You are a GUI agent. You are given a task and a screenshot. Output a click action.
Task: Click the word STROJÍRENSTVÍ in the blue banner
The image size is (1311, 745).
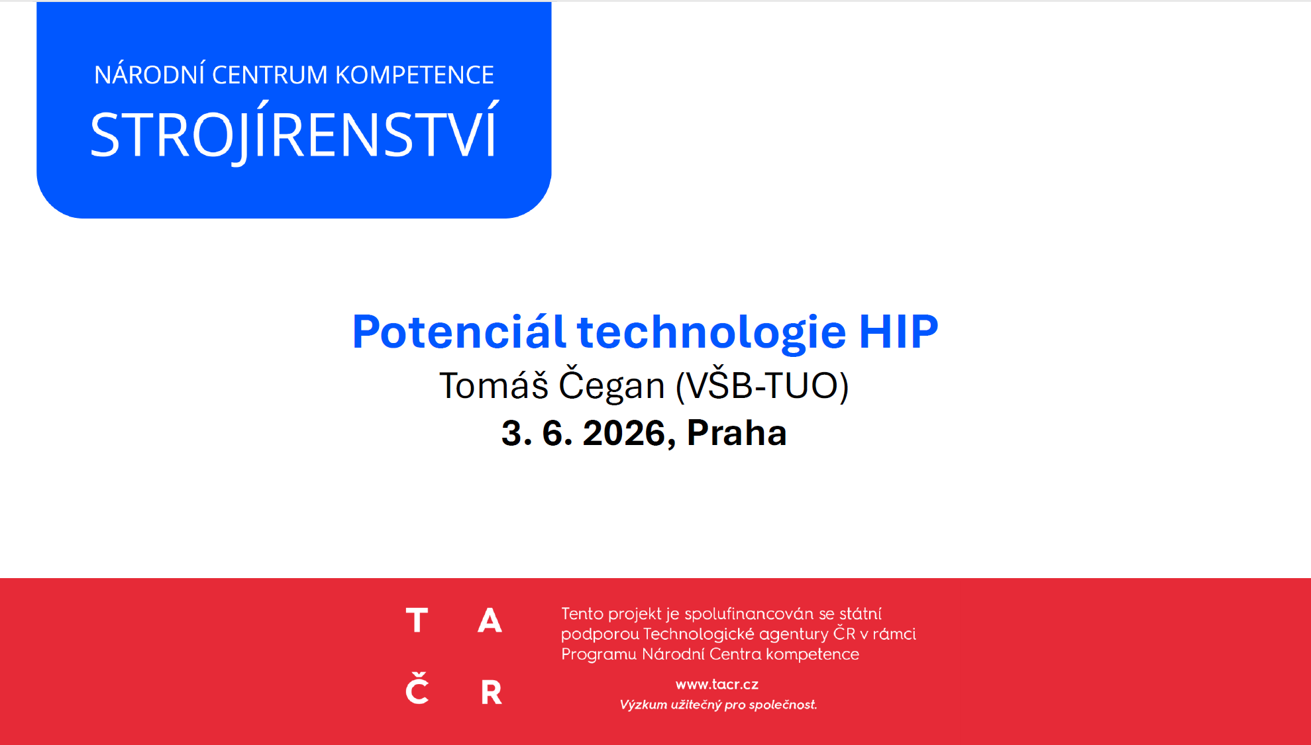[x=294, y=132]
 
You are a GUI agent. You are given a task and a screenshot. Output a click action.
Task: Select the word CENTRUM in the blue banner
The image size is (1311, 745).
[x=270, y=75]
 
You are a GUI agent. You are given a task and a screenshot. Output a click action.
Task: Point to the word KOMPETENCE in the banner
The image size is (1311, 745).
[x=415, y=75]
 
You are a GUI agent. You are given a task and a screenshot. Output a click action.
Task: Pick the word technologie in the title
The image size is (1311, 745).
[x=711, y=332]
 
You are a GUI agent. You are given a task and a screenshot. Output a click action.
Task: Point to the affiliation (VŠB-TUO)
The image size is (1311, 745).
[x=762, y=385]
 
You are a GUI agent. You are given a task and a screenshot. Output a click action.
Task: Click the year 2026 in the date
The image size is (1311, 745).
[x=629, y=433]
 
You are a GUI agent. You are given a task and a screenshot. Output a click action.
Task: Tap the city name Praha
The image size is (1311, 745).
[x=737, y=433]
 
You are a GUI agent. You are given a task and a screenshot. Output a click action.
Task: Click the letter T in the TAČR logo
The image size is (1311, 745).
[x=417, y=621]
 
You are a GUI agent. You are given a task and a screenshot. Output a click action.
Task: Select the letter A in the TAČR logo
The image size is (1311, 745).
[x=490, y=621]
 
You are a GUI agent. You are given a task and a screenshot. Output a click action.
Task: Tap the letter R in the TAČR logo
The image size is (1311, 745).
[x=491, y=692]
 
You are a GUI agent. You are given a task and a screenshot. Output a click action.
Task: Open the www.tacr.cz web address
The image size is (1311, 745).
[x=717, y=685]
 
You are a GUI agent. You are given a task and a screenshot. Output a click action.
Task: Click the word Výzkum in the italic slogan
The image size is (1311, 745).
[x=643, y=705]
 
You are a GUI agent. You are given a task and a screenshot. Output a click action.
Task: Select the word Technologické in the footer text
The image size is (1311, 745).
[x=699, y=634]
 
